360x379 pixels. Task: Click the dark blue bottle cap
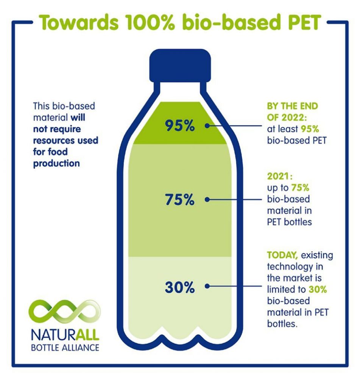180,67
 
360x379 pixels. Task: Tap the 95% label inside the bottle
180,125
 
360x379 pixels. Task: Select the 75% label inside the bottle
180,199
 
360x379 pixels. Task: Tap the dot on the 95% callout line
207,125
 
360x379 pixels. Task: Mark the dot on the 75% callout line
207,199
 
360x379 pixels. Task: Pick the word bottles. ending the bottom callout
280,325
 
